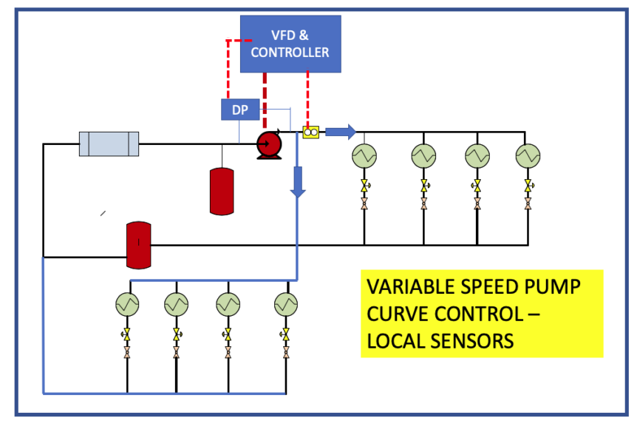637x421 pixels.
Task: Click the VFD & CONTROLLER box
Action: pos(290,44)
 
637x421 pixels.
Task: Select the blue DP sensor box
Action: pos(239,110)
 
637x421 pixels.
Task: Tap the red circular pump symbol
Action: pos(267,145)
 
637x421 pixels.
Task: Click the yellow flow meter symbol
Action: pos(310,132)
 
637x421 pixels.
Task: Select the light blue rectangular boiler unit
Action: pos(109,144)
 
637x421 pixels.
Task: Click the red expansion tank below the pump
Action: pos(222,191)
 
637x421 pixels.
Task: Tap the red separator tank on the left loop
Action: pos(138,244)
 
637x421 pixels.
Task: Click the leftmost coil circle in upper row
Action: pos(364,156)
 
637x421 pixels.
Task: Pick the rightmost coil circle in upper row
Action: pos(527,156)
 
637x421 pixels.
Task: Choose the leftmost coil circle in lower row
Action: pos(127,304)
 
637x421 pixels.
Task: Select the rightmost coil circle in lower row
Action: pos(286,304)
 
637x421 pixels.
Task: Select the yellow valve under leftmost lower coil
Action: pos(127,336)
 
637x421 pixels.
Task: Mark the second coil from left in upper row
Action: pos(424,156)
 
